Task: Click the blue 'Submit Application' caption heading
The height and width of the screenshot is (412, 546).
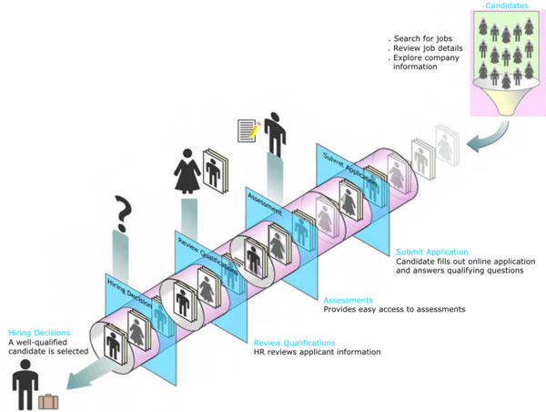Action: click(432, 252)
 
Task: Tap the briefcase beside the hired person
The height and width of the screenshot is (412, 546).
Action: click(48, 400)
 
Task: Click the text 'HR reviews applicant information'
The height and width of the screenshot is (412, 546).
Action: click(317, 352)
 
